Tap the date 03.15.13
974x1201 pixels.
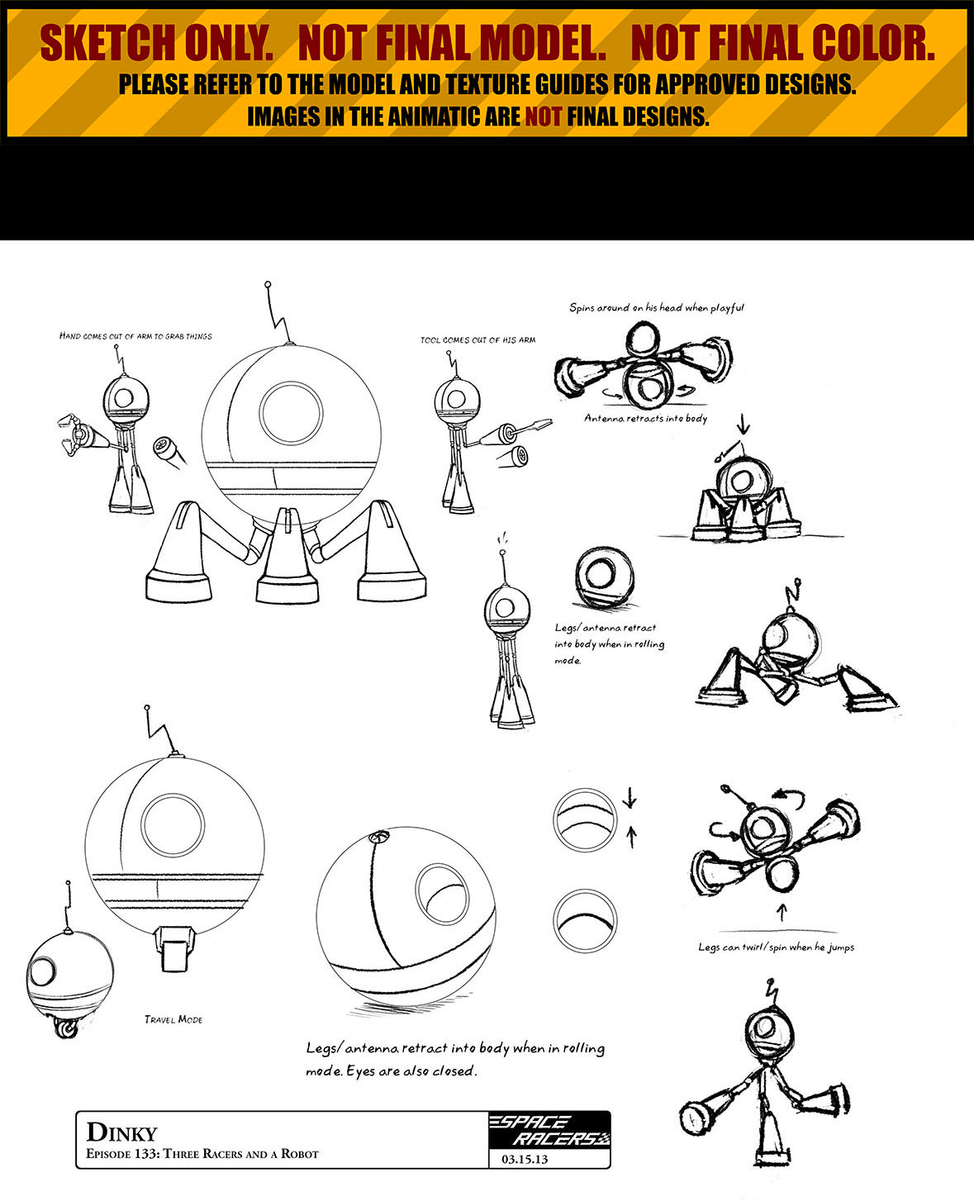coord(525,1159)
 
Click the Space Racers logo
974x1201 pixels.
coord(549,1131)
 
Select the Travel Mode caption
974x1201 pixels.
coord(173,1019)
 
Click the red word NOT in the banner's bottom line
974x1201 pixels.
coord(543,116)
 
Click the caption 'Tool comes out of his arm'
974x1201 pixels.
coord(477,340)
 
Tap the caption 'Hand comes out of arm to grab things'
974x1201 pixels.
coord(135,336)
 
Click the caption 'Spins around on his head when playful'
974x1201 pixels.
coord(657,308)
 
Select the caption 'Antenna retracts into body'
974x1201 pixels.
coord(646,419)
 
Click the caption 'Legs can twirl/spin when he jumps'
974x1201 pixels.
coord(776,947)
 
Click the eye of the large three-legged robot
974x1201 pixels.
coord(291,413)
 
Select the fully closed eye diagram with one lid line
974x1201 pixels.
coord(584,919)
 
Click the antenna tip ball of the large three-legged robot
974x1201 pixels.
coord(268,285)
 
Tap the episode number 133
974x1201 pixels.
coord(146,1154)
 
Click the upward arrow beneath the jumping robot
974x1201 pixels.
coord(782,912)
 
